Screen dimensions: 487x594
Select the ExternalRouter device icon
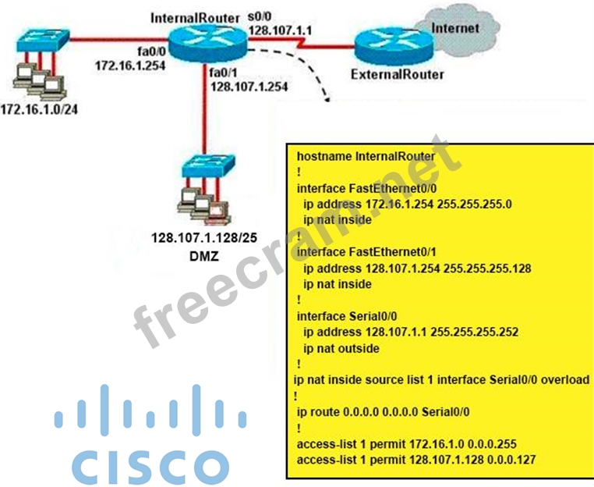click(388, 49)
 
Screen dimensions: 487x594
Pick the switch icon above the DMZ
click(203, 169)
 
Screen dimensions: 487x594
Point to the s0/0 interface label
click(259, 16)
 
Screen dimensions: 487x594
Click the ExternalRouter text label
click(398, 76)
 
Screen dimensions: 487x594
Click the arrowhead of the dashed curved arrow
click(325, 98)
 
